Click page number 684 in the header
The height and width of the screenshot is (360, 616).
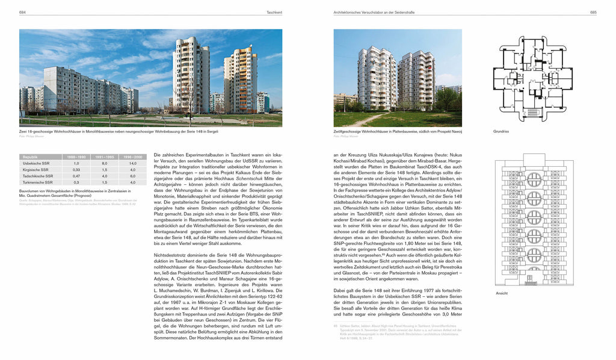tap(22, 13)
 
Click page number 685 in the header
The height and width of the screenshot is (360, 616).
tap(592, 13)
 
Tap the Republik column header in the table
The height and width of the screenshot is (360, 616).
tap(30, 157)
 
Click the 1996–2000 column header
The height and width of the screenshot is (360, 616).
tap(132, 157)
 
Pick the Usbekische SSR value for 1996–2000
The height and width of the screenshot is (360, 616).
tap(132, 163)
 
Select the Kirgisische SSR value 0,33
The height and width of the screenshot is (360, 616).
tap(76, 170)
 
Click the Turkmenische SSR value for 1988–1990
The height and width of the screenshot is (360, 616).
tap(76, 182)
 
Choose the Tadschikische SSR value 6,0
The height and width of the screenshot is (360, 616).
tap(132, 176)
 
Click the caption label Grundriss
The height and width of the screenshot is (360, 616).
tap(501, 131)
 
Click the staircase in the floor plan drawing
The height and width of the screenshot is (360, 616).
tap(532, 112)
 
